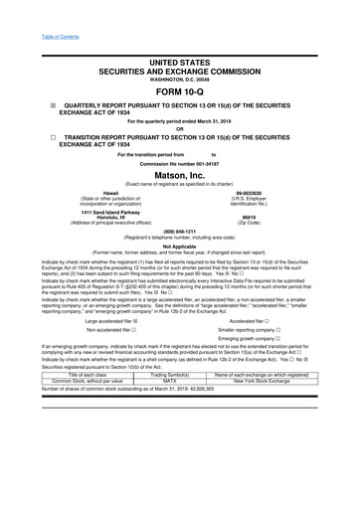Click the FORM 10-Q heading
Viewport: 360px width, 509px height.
pyautogui.click(x=179, y=88)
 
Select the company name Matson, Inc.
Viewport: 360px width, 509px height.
pyautogui.click(x=179, y=174)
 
